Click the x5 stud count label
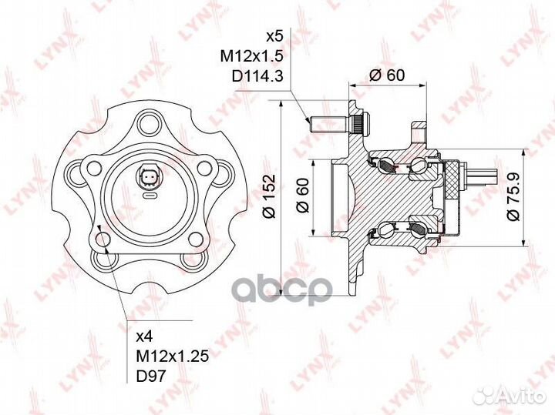274,36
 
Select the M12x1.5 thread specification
252,56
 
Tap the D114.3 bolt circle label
257,75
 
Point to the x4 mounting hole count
144,336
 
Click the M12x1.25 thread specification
173,356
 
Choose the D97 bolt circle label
151,376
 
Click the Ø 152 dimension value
269,196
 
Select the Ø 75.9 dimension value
513,196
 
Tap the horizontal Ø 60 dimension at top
387,75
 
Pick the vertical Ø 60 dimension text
303,195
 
